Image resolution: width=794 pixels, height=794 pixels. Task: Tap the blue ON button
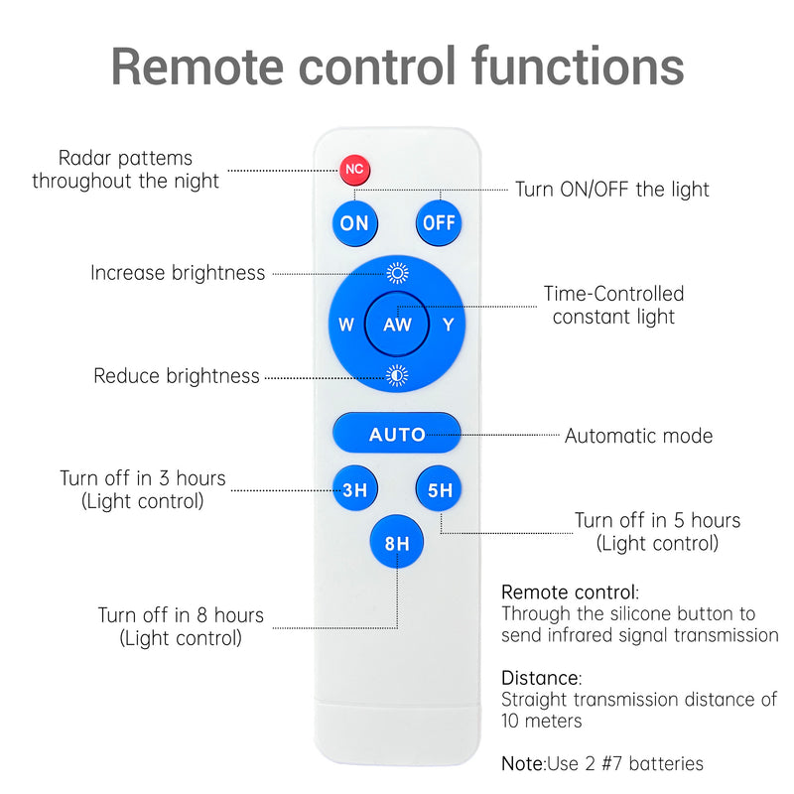(354, 223)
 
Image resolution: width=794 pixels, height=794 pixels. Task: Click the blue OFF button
(439, 223)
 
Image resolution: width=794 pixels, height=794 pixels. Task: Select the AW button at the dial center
(397, 325)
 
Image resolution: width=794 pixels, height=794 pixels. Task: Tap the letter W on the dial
(346, 325)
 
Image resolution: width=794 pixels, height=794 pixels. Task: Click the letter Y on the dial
(449, 325)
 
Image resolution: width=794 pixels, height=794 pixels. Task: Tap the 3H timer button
(354, 488)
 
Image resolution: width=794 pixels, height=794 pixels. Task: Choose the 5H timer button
(440, 489)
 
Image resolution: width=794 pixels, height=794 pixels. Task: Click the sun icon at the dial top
(397, 274)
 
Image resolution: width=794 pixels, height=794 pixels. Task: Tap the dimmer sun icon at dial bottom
(397, 375)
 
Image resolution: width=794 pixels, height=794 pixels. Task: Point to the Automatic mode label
(638, 436)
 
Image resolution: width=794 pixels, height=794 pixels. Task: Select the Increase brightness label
(178, 273)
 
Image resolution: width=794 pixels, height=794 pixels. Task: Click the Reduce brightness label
(177, 376)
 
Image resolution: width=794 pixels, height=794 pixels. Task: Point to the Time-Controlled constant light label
(613, 306)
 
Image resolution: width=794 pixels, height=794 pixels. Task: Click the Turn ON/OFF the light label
(611, 190)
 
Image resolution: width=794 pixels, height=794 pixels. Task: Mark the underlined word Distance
(541, 678)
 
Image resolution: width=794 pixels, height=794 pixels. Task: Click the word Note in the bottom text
(522, 763)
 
